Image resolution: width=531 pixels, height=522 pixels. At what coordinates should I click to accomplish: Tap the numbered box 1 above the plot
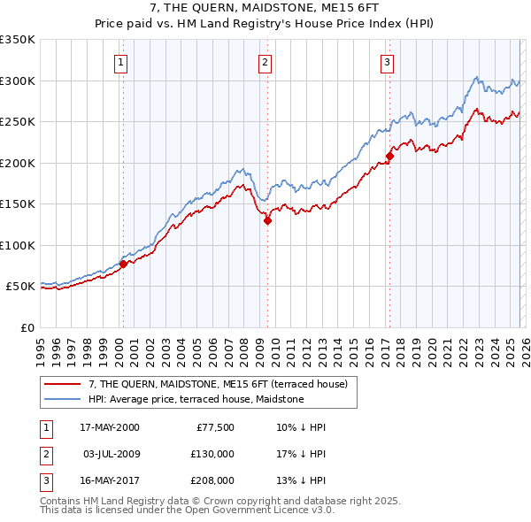point(120,62)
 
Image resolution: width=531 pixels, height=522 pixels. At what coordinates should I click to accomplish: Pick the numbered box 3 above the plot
point(388,62)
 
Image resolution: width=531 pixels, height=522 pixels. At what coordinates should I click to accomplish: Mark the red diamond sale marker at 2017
point(389,157)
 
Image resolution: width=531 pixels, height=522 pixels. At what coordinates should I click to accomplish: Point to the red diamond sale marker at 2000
point(123,264)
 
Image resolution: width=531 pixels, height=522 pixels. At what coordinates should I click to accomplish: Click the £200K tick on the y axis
point(18,163)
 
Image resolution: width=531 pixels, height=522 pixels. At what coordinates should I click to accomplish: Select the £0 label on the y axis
point(27,327)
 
